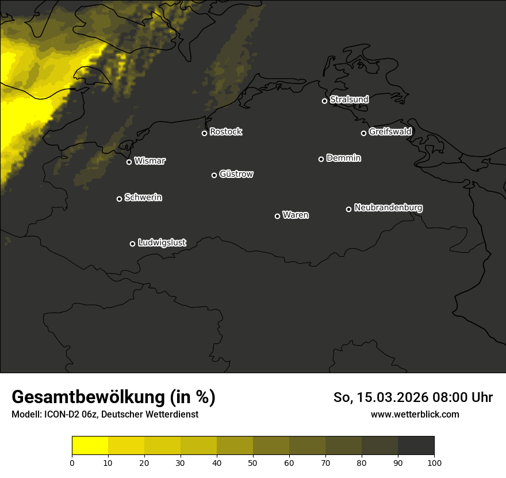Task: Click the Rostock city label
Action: click(225, 132)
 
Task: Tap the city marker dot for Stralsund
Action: click(324, 101)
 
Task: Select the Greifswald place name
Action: click(390, 131)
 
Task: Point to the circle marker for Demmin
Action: click(321, 159)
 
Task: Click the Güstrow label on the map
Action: click(236, 174)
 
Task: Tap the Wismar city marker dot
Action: click(129, 162)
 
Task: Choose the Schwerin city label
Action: click(143, 198)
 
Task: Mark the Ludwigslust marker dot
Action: click(132, 244)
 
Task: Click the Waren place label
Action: click(296, 215)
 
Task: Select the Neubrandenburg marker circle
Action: click(348, 209)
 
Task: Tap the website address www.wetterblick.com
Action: click(415, 414)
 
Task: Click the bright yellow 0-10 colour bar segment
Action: click(90, 445)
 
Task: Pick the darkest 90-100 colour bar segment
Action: click(416, 445)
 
